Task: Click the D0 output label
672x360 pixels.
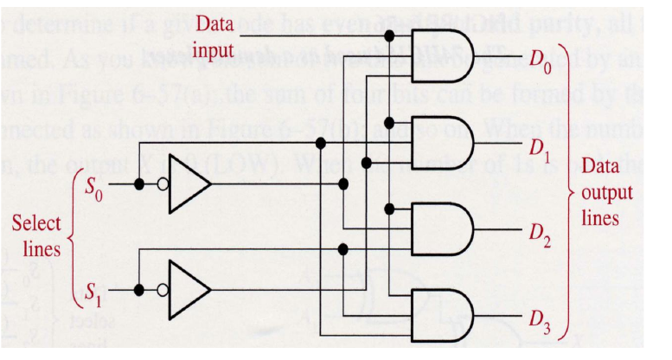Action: [541, 60]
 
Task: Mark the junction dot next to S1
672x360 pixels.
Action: [138, 290]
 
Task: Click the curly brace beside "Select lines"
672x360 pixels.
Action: [72, 236]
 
